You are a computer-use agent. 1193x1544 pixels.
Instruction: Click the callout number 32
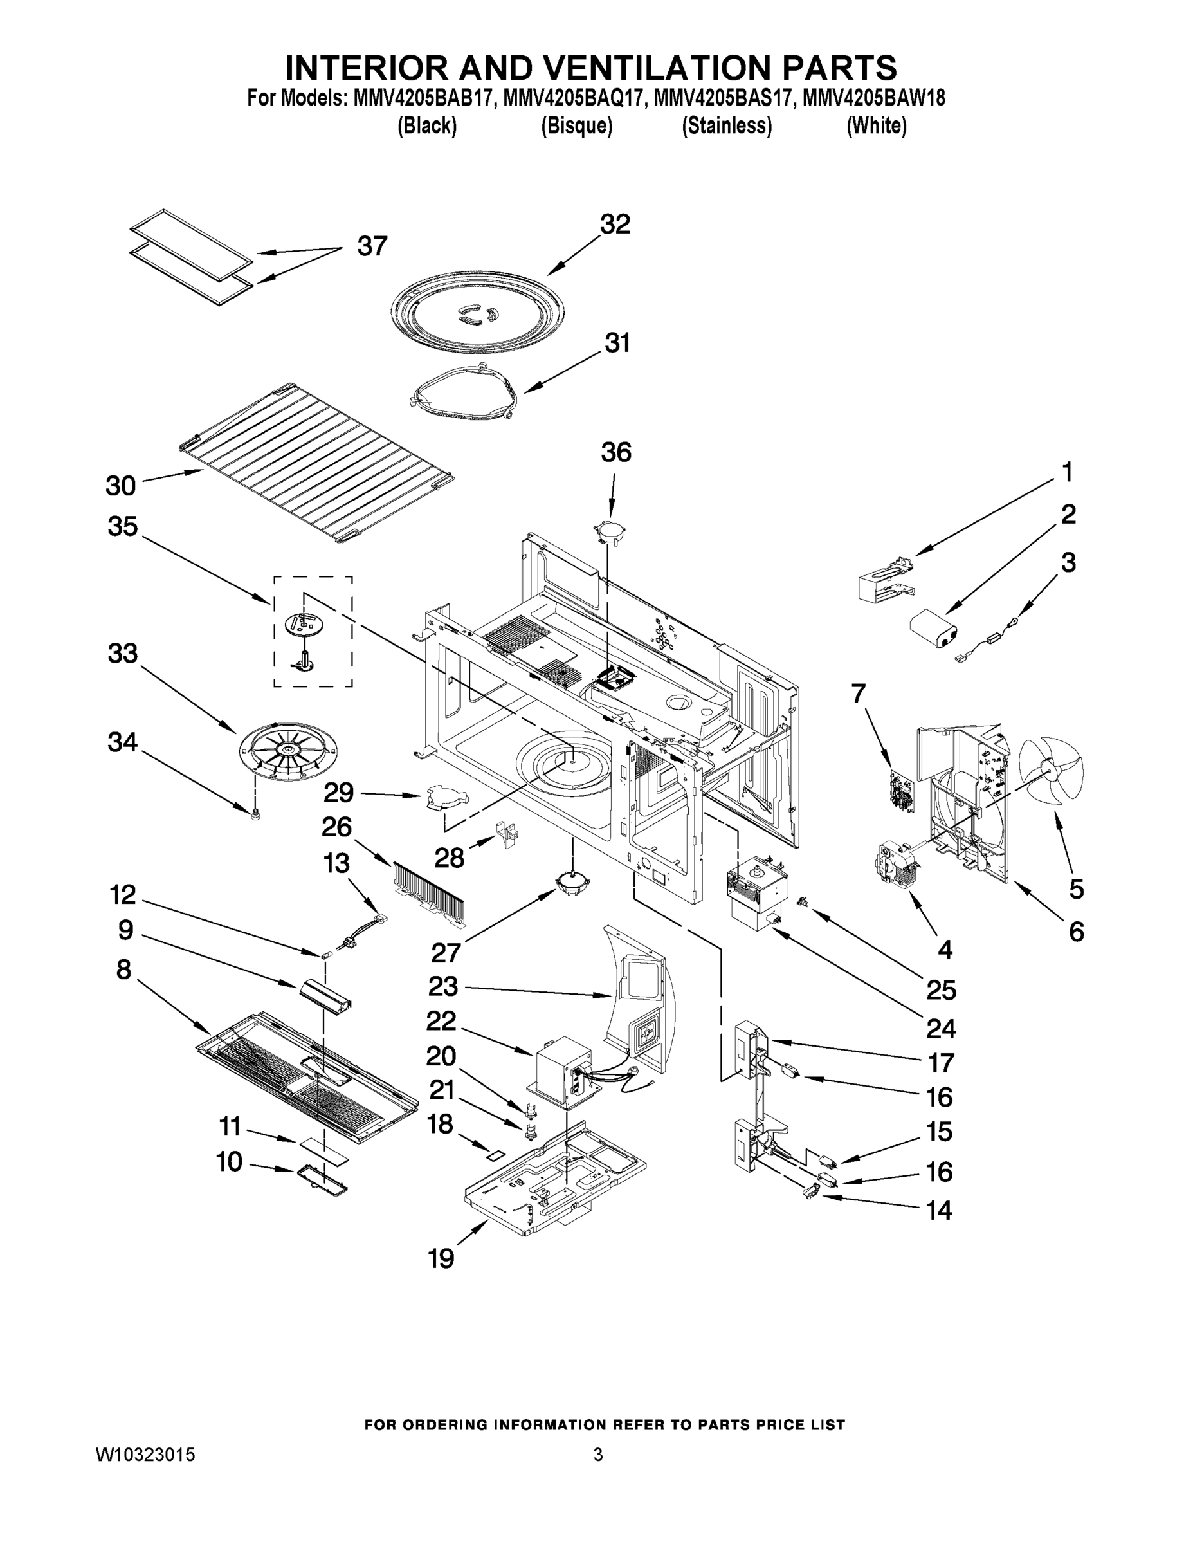pos(614,225)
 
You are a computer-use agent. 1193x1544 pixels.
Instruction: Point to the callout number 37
pos(372,246)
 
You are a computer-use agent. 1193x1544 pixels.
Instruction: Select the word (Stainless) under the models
pos(727,126)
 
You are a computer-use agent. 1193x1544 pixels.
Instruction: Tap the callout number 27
pos(446,953)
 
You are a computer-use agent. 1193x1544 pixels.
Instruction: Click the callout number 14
pos(939,1210)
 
